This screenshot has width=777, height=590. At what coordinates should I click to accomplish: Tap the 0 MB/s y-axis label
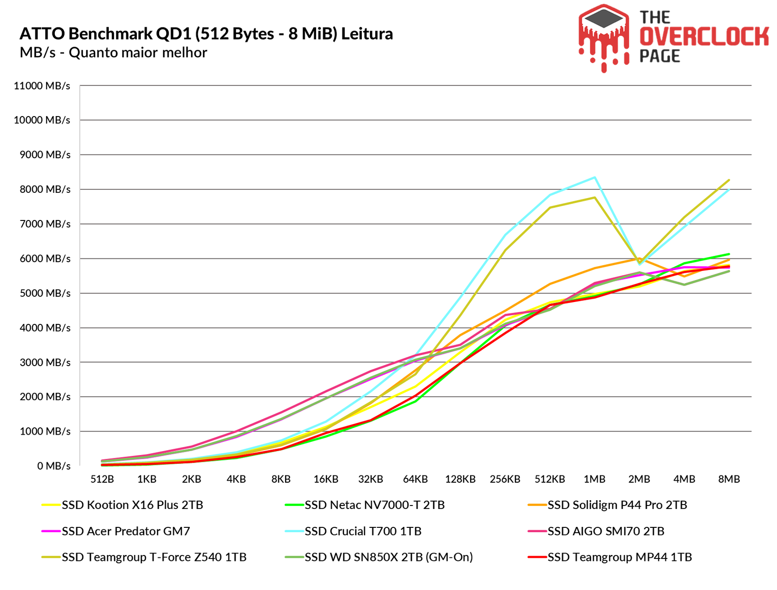tap(54, 466)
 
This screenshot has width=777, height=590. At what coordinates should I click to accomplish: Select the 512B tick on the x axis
tap(102, 479)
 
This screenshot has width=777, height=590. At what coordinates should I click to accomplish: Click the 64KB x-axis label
tap(415, 479)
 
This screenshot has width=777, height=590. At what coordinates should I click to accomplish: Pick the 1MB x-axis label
tap(594, 479)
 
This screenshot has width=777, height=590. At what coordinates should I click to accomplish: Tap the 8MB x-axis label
tap(728, 479)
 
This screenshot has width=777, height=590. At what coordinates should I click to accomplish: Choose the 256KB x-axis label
tap(505, 479)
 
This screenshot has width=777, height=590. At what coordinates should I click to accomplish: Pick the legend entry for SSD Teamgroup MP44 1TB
tap(620, 557)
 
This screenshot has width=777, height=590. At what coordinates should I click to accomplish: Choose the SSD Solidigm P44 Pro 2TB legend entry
tap(617, 505)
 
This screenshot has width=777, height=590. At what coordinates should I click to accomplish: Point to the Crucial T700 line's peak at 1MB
tap(594, 177)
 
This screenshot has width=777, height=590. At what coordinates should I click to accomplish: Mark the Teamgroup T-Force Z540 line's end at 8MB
tap(729, 180)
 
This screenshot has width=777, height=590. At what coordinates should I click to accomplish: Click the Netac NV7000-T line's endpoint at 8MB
tap(729, 254)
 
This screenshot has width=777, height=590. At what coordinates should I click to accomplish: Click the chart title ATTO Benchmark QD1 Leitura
tap(206, 34)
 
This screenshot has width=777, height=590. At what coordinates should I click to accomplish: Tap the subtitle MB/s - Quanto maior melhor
tap(114, 52)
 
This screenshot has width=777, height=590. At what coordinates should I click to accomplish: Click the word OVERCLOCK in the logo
tap(704, 37)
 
